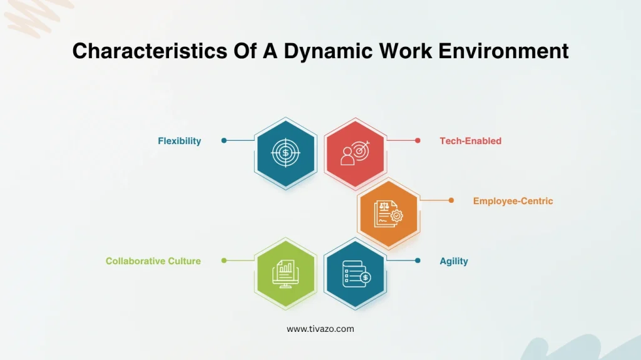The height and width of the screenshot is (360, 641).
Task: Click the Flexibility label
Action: click(179, 141)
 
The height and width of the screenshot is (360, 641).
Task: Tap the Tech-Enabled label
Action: click(470, 141)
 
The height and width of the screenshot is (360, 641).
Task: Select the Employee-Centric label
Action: click(513, 201)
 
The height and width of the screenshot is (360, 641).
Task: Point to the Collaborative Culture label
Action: click(153, 261)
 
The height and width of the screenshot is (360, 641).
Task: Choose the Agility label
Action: click(453, 261)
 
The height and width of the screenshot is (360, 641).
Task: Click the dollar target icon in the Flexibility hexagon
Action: click(285, 153)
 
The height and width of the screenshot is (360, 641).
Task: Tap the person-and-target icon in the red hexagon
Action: click(355, 153)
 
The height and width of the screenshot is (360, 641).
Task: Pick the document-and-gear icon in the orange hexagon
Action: click(388, 213)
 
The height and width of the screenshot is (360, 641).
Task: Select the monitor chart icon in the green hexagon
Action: click(285, 274)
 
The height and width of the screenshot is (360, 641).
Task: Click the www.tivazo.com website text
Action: click(320, 329)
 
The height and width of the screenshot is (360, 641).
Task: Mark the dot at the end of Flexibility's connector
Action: click(224, 141)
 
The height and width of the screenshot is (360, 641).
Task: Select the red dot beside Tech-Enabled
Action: click(418, 141)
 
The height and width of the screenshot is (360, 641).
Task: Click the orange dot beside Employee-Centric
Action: click(451, 200)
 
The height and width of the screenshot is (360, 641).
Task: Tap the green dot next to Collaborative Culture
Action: click(224, 260)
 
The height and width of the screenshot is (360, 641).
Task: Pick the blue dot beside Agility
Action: click(418, 260)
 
